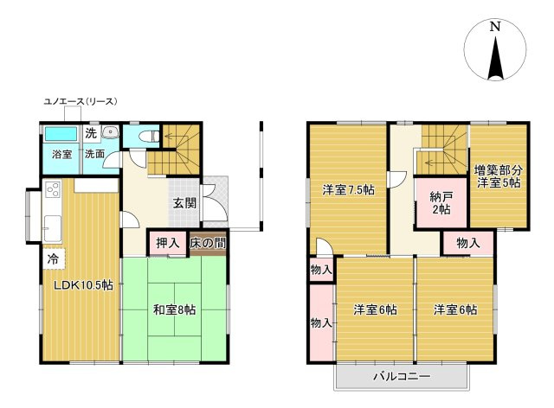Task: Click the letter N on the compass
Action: click(495, 27)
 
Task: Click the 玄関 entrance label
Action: click(184, 203)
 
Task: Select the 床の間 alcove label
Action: click(208, 243)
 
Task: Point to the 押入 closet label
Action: click(167, 243)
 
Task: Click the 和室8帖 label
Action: click(174, 309)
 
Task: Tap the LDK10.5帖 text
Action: click(83, 285)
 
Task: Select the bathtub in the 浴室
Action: click(61, 134)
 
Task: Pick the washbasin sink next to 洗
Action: click(110, 132)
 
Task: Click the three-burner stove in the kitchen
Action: click(53, 190)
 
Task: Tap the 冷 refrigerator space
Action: click(54, 258)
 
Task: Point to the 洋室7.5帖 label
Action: click(348, 190)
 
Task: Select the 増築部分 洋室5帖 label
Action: click(498, 177)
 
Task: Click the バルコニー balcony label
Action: click(402, 376)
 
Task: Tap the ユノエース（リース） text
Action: click(81, 102)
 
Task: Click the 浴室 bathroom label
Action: click(61, 154)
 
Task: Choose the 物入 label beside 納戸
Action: click(468, 243)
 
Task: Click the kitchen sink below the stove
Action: click(52, 227)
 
